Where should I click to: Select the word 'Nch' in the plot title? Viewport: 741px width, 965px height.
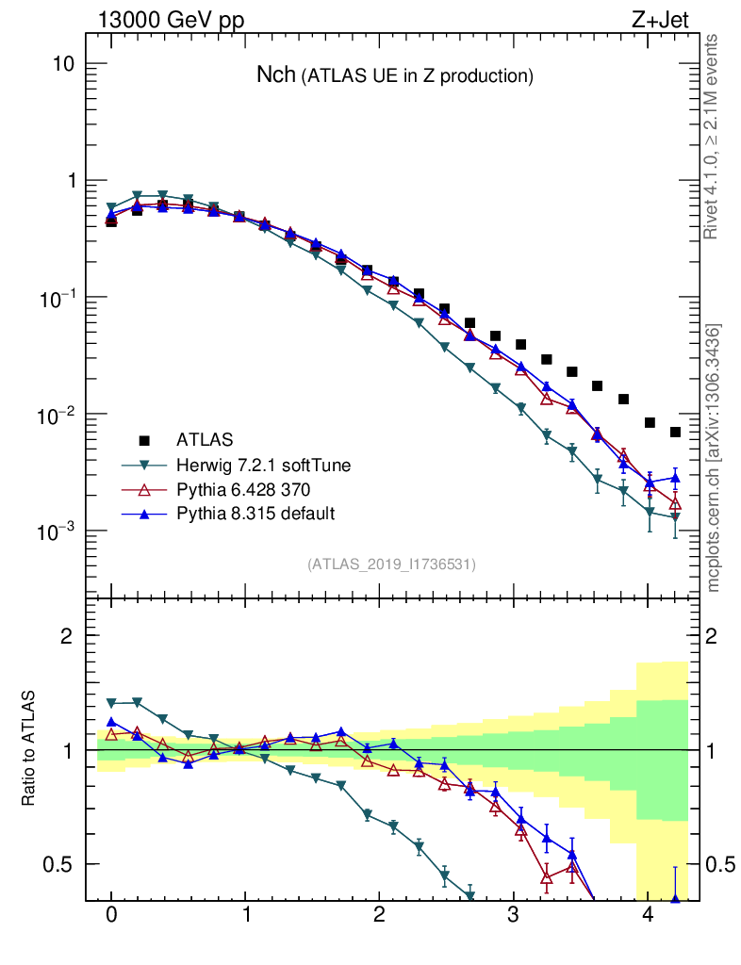point(275,75)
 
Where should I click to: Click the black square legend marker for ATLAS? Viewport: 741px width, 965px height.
point(144,440)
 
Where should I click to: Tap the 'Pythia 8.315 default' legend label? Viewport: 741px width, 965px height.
point(255,514)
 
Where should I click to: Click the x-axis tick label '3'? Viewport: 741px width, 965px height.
point(513,916)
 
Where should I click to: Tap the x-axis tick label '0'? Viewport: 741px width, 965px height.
point(111,916)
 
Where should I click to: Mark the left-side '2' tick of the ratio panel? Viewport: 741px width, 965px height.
point(66,636)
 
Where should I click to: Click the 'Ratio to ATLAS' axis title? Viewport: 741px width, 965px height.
point(29,748)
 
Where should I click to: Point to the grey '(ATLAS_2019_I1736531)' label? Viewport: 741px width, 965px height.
point(391,564)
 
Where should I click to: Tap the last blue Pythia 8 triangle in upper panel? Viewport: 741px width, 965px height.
point(675,478)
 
